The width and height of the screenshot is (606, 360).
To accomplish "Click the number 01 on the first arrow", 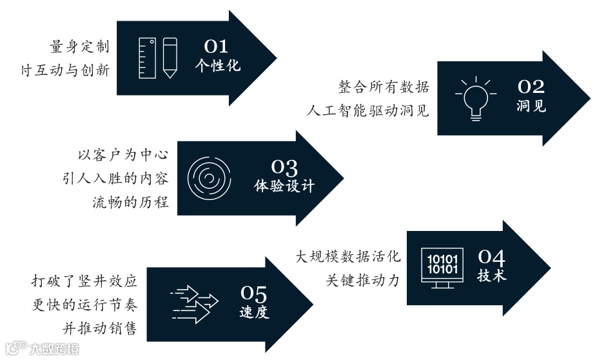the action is coord(217,46).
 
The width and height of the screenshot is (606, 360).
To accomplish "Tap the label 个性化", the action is coord(217,65).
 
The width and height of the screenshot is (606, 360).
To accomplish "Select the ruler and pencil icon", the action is coord(158,57).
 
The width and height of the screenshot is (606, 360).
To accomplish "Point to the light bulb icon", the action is coord(476,99).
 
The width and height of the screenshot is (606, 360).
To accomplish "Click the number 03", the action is coord(284,168).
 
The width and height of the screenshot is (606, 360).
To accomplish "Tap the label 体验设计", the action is coord(284,186).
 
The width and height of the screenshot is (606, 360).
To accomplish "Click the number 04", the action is coord(492,257).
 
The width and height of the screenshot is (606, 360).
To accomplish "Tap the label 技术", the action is coord(492,275).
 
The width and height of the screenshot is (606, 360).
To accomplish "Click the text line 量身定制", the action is coord(79,47).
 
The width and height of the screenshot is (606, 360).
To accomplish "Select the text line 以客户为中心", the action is coord(122,155).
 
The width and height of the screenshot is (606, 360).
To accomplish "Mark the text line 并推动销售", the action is coord(99,328).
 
